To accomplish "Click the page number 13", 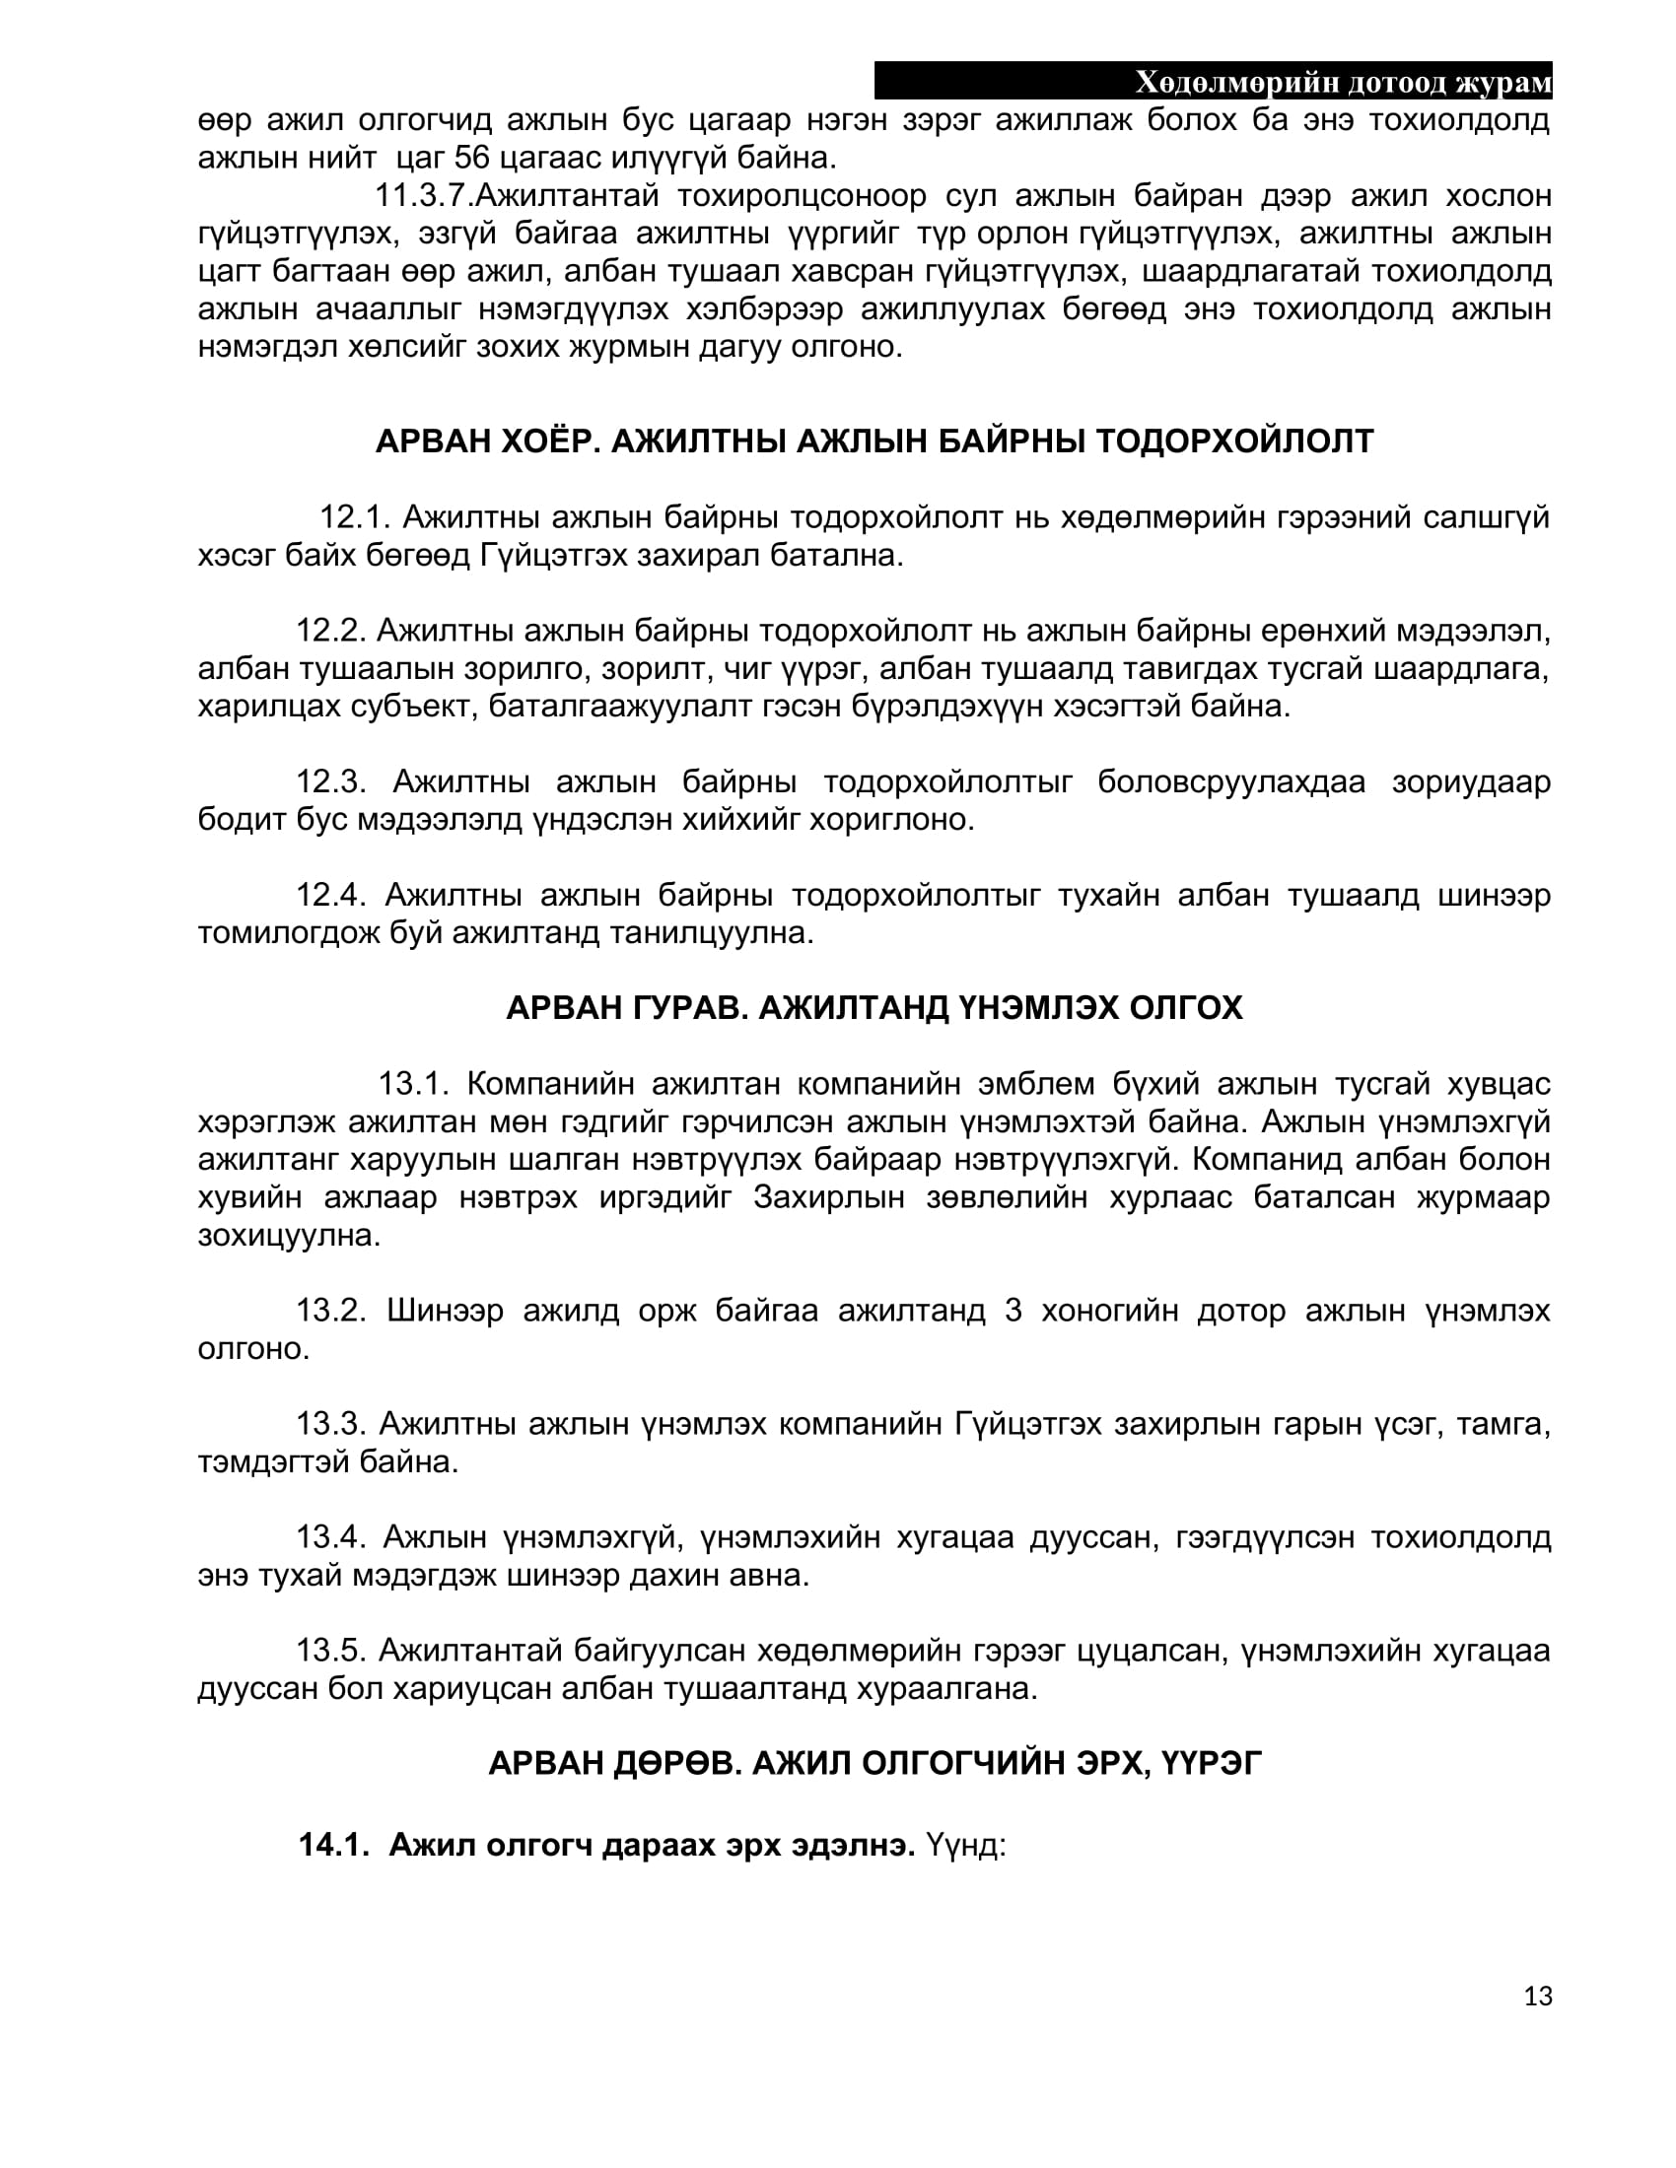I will click(x=1537, y=1996).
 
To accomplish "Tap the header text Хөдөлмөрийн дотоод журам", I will click(x=1343, y=83).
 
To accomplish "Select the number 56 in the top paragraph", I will click(x=472, y=158).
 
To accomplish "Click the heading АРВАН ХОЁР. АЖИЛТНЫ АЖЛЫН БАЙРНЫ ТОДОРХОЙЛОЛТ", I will click(x=873, y=440).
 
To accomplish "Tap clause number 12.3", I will click(x=330, y=781).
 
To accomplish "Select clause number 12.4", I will click(x=330, y=895).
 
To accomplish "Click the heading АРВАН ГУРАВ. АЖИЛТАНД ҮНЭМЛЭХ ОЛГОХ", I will click(x=873, y=1007).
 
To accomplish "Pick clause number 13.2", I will click(x=330, y=1310).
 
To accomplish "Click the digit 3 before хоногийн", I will click(x=1013, y=1310).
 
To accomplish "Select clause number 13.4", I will click(x=330, y=1536).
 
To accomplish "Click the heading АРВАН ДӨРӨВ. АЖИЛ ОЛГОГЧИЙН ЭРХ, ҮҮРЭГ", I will click(x=873, y=1763).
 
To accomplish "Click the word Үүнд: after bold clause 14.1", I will click(x=965, y=1846).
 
